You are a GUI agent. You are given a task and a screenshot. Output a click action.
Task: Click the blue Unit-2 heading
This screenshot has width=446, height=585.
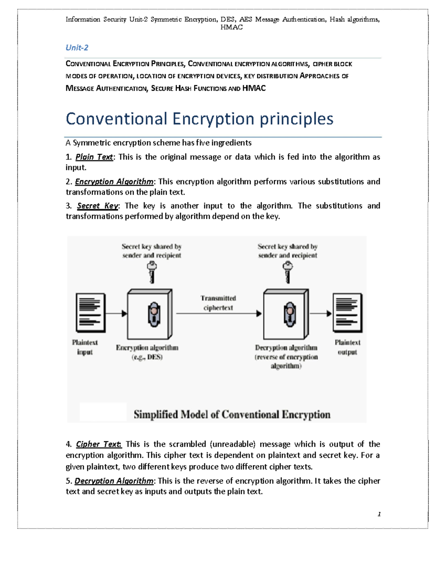click(x=77, y=48)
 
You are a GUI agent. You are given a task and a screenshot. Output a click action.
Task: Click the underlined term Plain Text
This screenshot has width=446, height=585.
click(x=94, y=157)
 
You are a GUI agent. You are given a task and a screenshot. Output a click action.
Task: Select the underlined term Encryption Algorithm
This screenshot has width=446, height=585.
click(x=114, y=181)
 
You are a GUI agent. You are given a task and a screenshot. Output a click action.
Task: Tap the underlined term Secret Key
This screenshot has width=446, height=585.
click(x=97, y=206)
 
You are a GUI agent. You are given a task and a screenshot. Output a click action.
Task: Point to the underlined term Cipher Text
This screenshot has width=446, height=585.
click(x=98, y=444)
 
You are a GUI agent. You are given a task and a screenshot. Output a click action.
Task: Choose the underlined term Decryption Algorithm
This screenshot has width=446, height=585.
click(x=114, y=481)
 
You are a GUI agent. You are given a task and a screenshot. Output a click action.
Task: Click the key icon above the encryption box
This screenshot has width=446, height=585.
click(x=152, y=272)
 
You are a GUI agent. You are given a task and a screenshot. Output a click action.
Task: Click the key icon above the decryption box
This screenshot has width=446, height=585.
click(x=288, y=272)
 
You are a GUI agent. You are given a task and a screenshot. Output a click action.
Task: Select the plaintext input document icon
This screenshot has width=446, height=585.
click(x=90, y=312)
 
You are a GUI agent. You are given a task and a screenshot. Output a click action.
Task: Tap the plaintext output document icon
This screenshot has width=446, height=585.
click(x=347, y=312)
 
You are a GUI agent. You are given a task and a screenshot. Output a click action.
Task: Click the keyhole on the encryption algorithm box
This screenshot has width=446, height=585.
click(x=154, y=314)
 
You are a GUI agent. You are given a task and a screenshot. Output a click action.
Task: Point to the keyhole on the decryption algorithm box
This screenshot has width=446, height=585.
click(x=290, y=314)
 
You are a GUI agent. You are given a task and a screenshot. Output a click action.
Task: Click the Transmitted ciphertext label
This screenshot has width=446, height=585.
click(x=218, y=303)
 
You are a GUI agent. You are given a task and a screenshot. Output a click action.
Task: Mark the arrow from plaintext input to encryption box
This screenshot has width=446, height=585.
click(x=116, y=314)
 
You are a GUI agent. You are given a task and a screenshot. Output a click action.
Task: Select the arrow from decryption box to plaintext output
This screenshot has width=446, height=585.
click(x=321, y=314)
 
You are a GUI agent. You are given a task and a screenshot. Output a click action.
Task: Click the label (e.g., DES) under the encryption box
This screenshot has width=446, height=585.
click(x=147, y=357)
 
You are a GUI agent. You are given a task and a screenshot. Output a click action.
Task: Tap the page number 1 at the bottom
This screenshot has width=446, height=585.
click(x=379, y=514)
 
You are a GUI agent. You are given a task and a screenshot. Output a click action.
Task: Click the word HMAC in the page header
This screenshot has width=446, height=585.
click(x=231, y=27)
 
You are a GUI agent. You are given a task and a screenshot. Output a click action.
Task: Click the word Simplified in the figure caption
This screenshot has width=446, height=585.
click(x=156, y=414)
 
